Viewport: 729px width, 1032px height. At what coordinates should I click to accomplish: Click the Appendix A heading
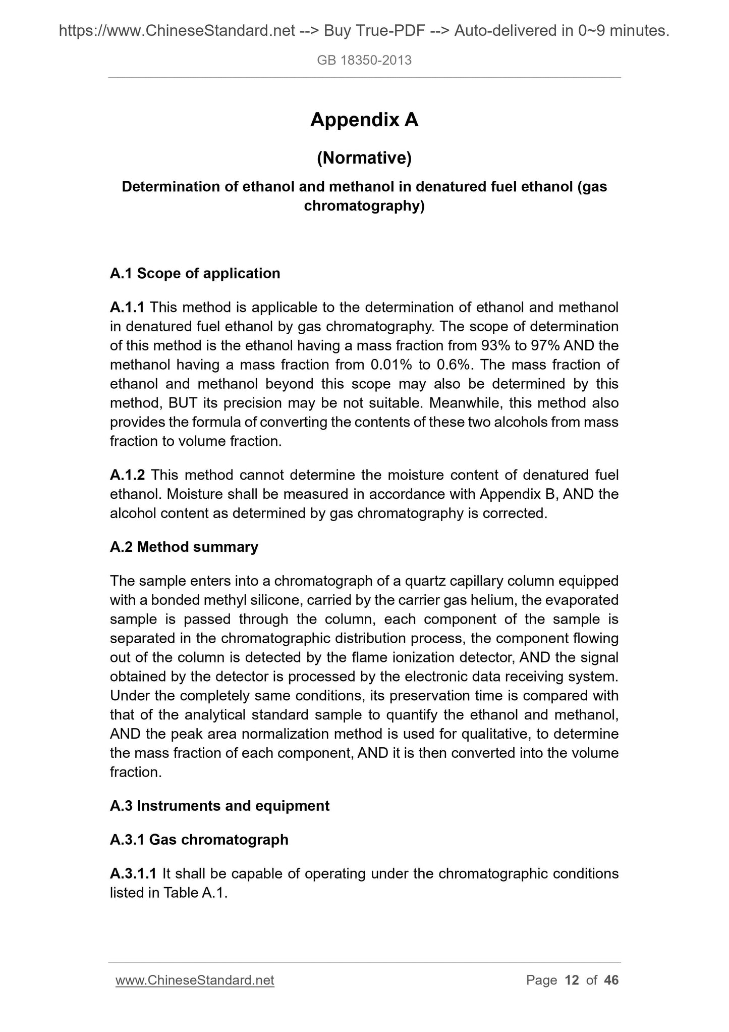pyautogui.click(x=364, y=120)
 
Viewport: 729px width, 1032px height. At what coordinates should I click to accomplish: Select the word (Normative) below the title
pyautogui.click(x=364, y=159)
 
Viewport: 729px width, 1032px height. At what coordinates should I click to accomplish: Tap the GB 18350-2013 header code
pyautogui.click(x=364, y=61)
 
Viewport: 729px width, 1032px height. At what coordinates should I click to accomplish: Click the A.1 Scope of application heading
pyautogui.click(x=195, y=274)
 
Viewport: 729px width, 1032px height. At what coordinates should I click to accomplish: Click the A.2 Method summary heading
pyautogui.click(x=184, y=547)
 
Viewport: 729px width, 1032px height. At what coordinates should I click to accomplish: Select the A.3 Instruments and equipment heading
pyautogui.click(x=219, y=806)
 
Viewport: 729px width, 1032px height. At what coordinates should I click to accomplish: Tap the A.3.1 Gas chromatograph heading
pyautogui.click(x=199, y=840)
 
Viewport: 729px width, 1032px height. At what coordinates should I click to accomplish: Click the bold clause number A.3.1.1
pyautogui.click(x=133, y=873)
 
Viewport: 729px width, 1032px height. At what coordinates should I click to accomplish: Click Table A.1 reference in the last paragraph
pyautogui.click(x=194, y=893)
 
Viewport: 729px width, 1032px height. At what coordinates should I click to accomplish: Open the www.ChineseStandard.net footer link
pyautogui.click(x=195, y=981)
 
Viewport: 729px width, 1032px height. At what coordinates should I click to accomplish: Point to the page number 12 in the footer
pyautogui.click(x=572, y=981)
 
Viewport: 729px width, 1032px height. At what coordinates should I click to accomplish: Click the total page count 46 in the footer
pyautogui.click(x=611, y=981)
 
